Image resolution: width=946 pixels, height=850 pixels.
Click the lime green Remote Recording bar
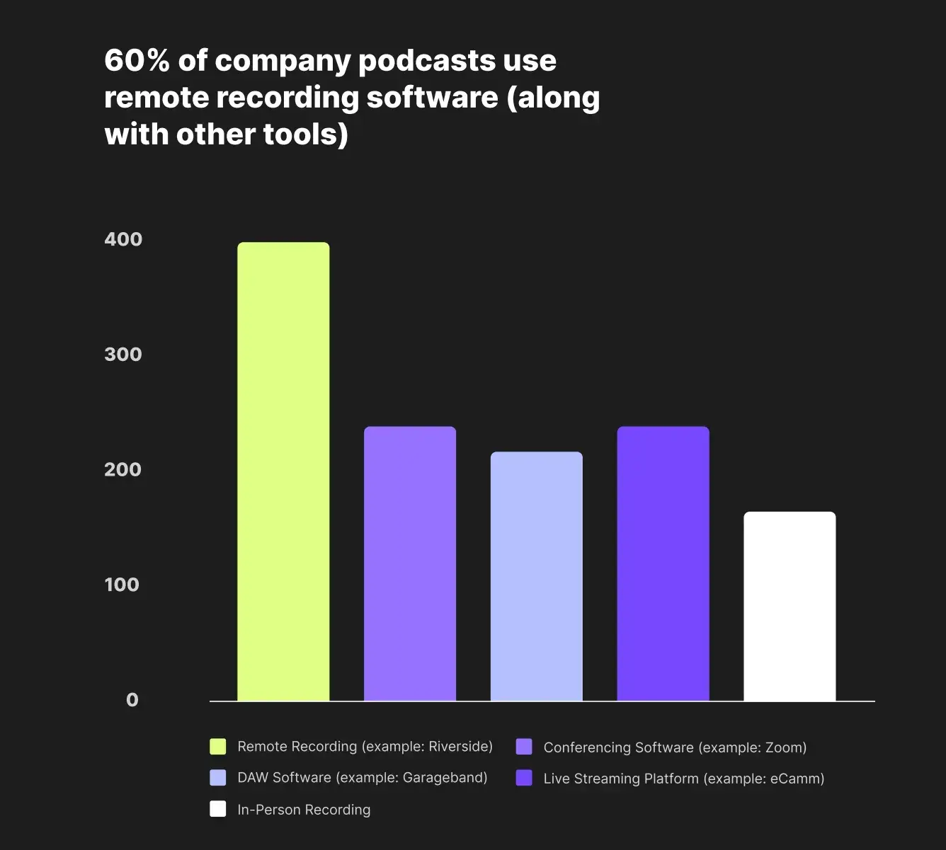pos(283,471)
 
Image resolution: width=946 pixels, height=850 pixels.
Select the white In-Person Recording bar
pos(790,606)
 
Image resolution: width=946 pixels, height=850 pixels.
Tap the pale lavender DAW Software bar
pos(537,576)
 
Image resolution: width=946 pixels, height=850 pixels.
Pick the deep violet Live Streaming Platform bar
pos(663,563)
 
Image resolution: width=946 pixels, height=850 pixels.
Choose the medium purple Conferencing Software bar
pos(410,563)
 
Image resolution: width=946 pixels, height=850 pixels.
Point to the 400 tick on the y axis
pos(123,239)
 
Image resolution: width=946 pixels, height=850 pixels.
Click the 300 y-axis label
pos(123,354)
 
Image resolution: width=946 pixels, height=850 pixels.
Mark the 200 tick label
pos(123,469)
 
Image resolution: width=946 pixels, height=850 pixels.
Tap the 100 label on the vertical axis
pos(122,585)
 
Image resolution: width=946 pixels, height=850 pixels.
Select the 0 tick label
pos(132,700)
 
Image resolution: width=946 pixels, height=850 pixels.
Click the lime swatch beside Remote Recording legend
pos(218,747)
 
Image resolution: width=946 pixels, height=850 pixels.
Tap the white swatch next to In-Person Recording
pos(218,809)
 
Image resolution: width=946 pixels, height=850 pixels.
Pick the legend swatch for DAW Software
pos(218,778)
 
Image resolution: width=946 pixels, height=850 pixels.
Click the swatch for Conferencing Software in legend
pos(524,747)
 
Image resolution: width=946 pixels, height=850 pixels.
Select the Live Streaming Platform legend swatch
pos(524,778)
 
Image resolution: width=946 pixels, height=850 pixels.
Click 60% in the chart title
pos(137,61)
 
